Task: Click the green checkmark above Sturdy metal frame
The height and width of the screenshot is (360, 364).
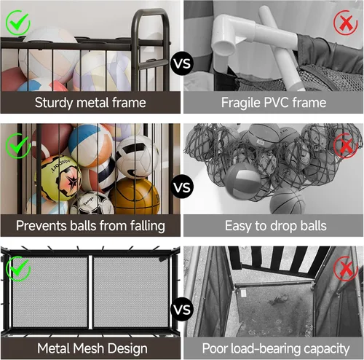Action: coord(18,23)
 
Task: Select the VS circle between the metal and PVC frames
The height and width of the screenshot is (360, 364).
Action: coord(182,63)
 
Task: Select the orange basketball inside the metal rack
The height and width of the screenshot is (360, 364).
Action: coord(135,195)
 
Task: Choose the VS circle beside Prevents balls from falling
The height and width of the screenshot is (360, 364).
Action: coord(183,187)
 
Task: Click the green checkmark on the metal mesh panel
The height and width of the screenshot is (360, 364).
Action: coord(18,269)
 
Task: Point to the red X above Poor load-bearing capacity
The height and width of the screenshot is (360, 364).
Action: coord(346,269)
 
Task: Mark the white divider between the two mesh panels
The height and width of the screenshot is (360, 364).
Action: coord(90,292)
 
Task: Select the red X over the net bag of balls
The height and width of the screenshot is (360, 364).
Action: coord(346,146)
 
